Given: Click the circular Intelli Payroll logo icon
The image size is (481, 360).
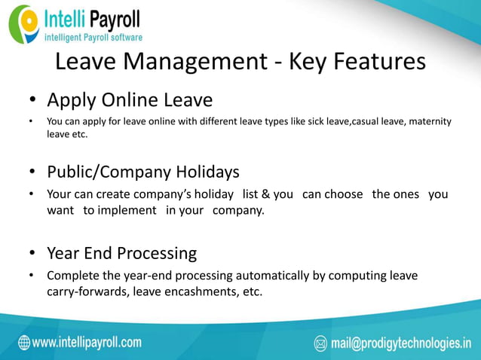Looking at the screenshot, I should tap(25, 23).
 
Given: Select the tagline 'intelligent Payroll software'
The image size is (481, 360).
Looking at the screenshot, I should tap(93, 36).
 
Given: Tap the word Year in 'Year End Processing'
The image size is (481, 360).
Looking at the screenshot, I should tap(63, 253).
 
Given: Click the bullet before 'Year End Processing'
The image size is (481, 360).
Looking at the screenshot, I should tap(32, 254).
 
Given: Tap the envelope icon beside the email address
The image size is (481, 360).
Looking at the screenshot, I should tap(320, 344).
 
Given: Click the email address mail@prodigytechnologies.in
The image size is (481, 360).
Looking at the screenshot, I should tap(398, 344).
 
